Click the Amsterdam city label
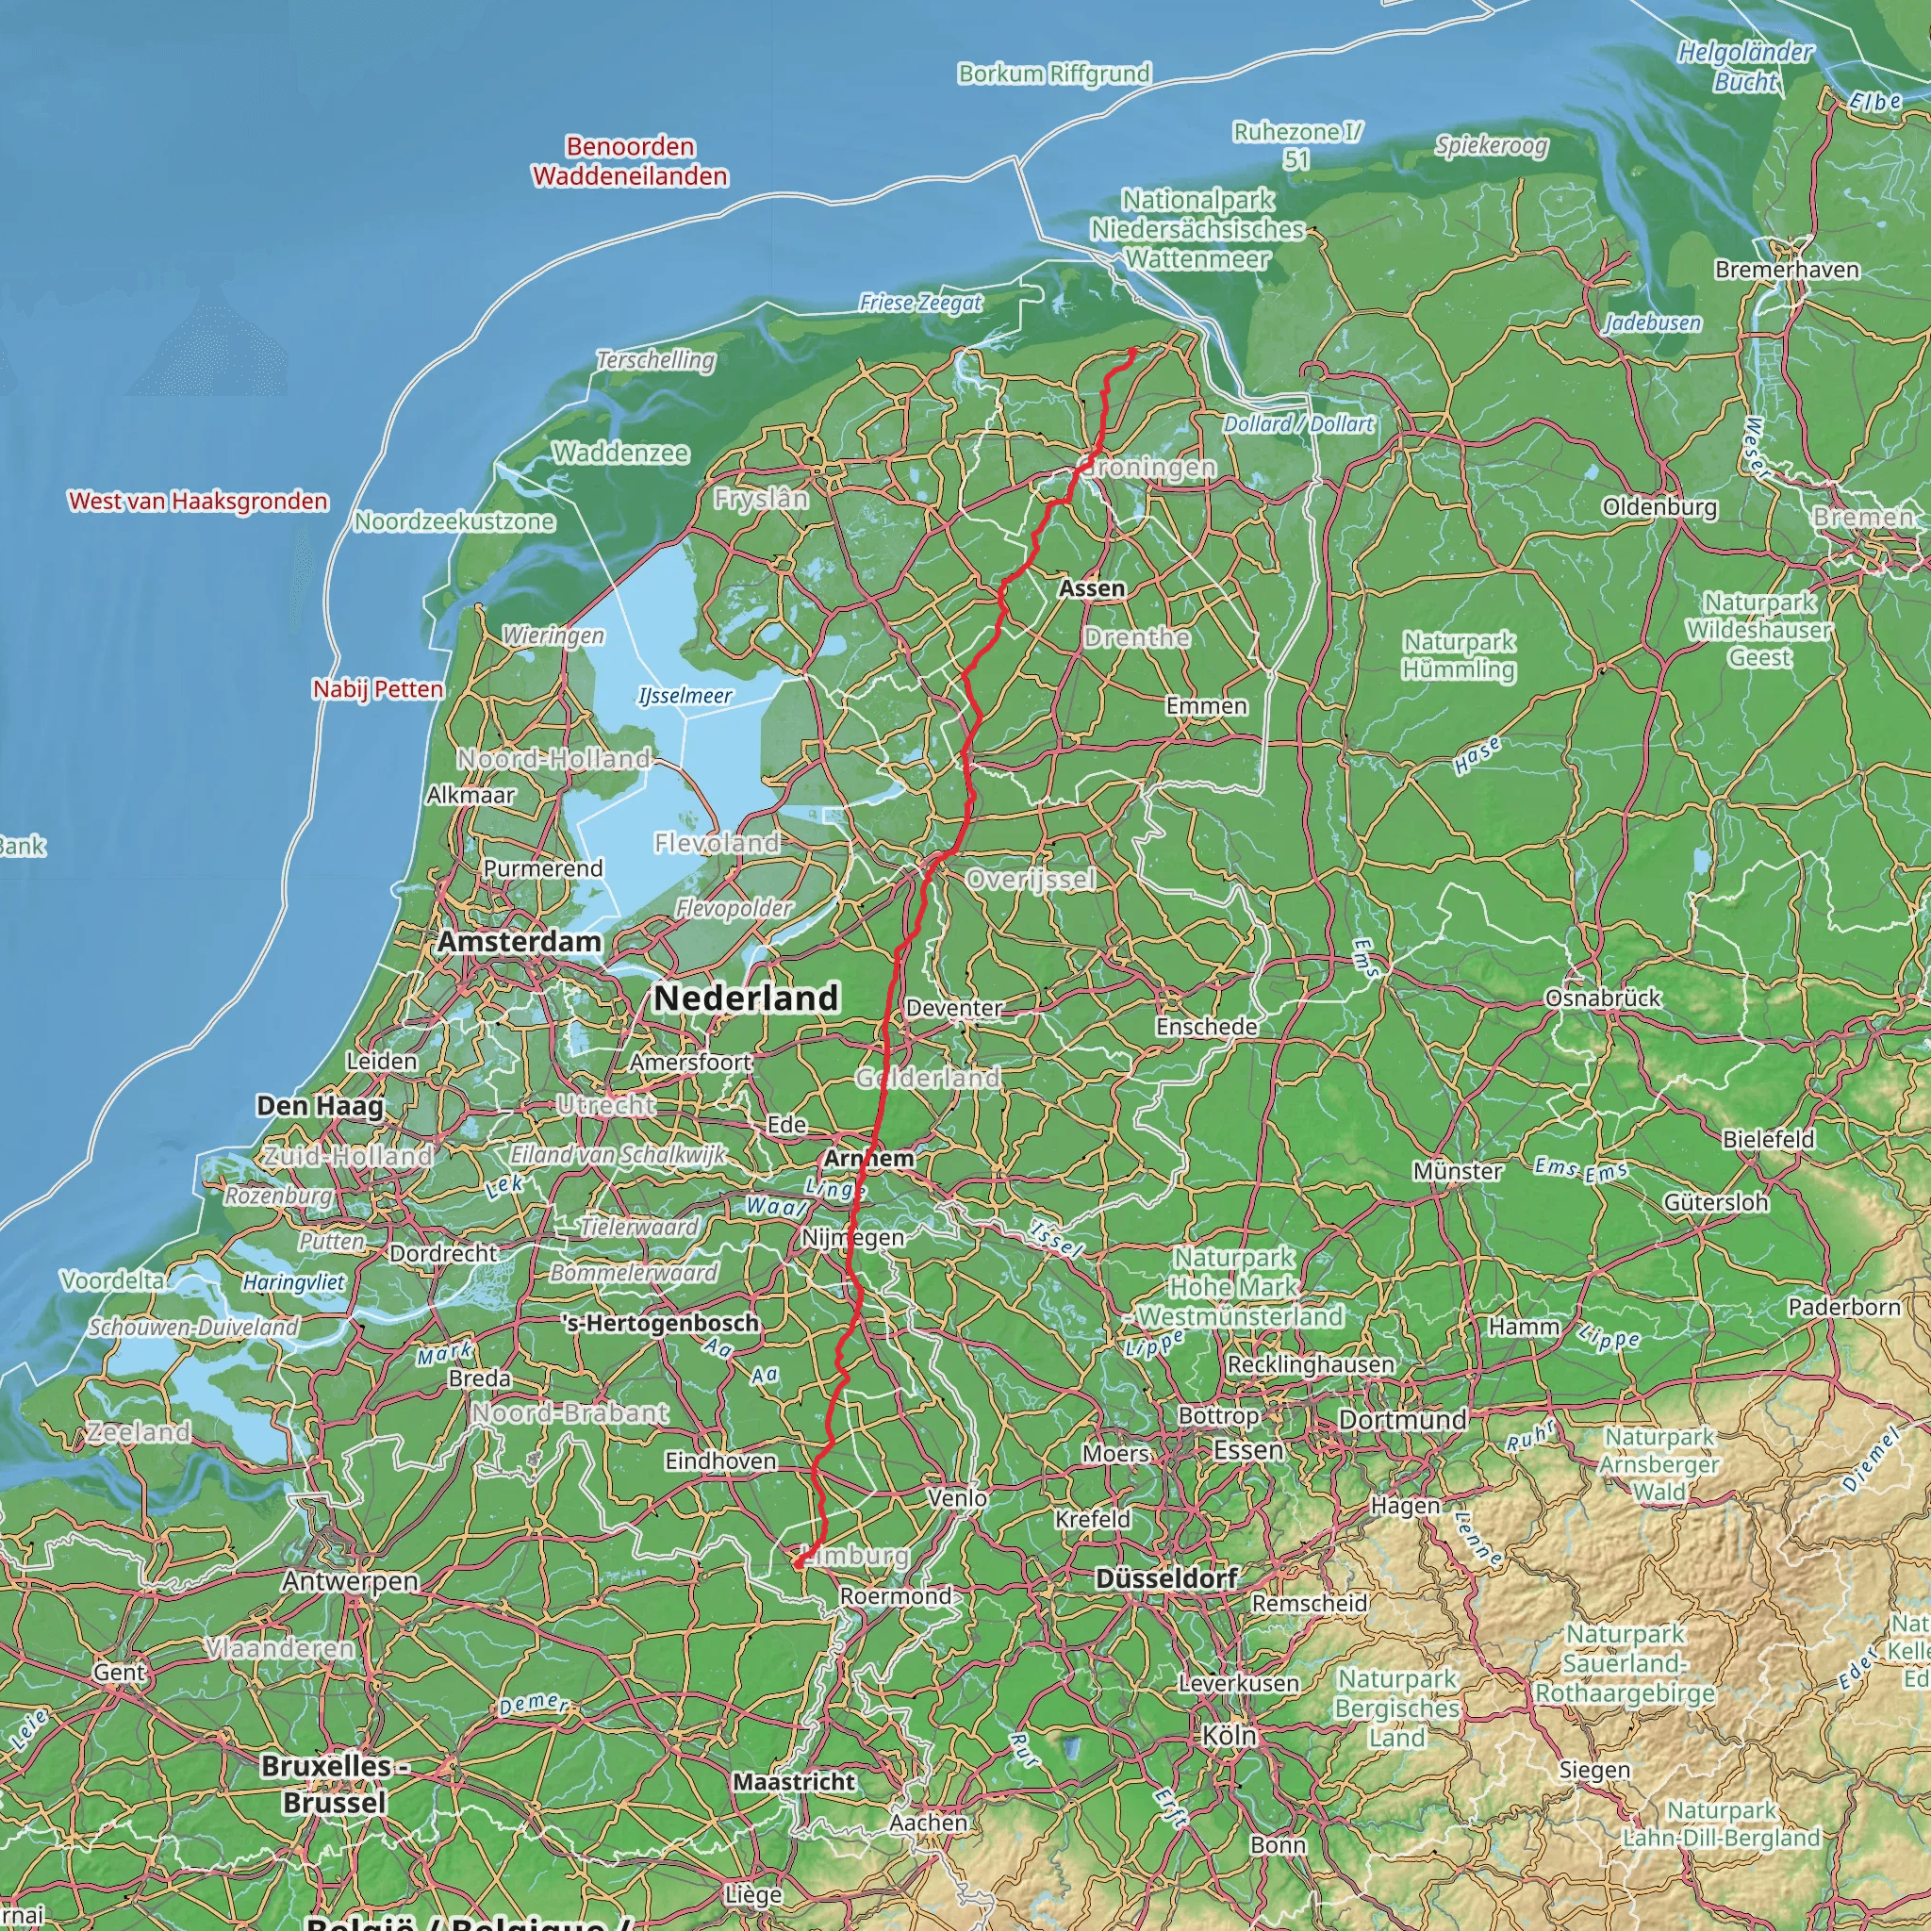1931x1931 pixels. (519, 942)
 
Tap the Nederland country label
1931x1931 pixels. (746, 998)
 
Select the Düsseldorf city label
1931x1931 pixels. (1166, 1578)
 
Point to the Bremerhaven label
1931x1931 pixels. (1787, 270)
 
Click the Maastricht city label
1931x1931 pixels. (794, 1781)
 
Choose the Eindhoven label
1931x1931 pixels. (720, 1461)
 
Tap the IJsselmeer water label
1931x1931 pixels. (685, 696)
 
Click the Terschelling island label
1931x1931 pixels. (655, 360)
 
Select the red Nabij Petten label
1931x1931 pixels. (378, 688)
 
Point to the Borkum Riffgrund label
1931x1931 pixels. (1054, 73)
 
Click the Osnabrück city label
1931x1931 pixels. (1603, 998)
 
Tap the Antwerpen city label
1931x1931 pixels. (350, 1581)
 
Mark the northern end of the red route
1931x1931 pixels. (1131, 351)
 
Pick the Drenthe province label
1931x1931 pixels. (1136, 636)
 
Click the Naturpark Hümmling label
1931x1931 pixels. (1459, 655)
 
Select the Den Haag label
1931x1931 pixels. (320, 1105)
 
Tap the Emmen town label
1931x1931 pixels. (1206, 705)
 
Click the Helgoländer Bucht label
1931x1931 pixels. (1744, 67)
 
